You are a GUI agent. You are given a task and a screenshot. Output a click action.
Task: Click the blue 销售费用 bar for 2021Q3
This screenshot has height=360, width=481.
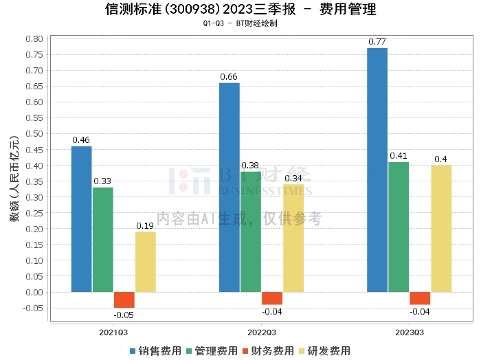point(81,219)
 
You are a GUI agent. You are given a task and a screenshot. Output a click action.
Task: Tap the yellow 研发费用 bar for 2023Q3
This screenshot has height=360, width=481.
point(441,228)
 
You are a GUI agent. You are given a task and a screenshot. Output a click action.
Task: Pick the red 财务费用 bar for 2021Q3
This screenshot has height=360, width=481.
point(124,300)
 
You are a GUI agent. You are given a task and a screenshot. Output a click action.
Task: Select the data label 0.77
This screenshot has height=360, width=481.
point(377,42)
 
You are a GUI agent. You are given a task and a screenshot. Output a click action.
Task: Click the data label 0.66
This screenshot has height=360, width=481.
point(229,76)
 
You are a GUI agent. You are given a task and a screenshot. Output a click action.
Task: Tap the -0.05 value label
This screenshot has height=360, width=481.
point(124,315)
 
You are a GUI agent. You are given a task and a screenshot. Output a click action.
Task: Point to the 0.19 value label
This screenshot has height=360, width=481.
point(145,226)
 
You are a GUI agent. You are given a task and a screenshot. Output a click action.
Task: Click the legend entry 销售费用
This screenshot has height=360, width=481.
point(155,350)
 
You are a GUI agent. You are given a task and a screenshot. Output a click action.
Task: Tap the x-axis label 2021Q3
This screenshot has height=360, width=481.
point(113,331)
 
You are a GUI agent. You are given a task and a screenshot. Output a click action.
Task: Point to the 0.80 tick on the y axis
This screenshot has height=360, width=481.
point(34,38)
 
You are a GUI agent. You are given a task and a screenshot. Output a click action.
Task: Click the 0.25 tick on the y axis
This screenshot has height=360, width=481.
point(34,213)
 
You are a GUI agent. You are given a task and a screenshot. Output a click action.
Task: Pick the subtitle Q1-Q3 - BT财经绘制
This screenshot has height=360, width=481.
point(240,23)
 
